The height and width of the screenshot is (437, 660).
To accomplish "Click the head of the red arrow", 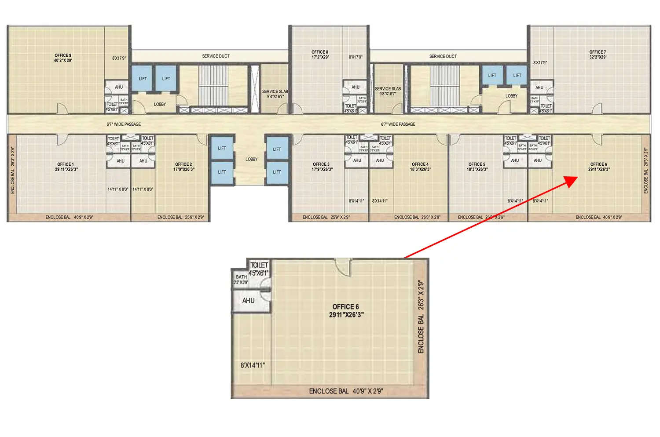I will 572,180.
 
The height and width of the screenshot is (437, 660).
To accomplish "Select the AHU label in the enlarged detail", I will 248,301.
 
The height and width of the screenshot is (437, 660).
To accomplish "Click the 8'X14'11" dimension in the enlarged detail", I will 253,365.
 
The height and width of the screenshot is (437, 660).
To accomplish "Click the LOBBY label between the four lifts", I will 251,159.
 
